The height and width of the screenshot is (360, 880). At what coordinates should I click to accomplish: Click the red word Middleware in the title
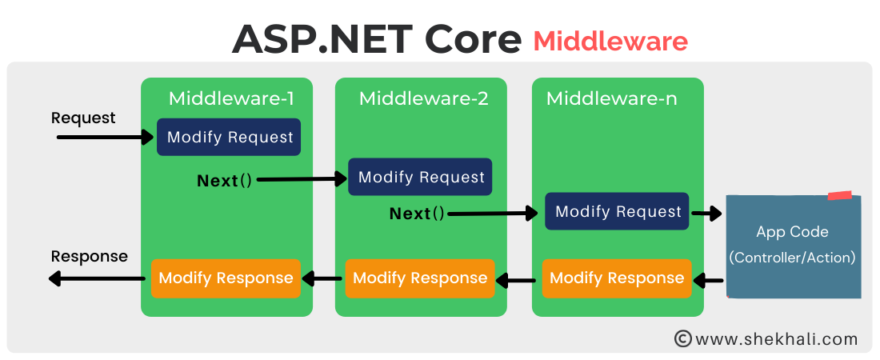(x=610, y=41)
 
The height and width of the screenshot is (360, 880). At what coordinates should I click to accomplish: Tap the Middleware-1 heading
(x=231, y=98)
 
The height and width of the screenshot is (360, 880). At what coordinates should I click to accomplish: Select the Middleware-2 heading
(x=423, y=98)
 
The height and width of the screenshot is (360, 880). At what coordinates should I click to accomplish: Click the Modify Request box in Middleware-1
(x=230, y=137)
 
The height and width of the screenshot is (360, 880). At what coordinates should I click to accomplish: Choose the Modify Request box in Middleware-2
(x=420, y=177)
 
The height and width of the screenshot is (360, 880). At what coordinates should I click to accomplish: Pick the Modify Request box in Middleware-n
(x=617, y=211)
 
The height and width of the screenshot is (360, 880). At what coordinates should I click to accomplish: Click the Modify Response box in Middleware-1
(x=226, y=278)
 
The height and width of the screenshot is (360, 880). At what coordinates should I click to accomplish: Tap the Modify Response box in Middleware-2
(x=419, y=278)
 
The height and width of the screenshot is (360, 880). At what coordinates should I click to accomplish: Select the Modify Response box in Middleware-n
(x=617, y=278)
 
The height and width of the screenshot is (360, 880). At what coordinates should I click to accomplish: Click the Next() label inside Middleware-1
(x=224, y=181)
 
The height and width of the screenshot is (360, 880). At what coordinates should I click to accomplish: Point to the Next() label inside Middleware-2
(x=416, y=214)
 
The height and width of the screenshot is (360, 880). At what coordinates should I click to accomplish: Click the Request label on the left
(x=83, y=118)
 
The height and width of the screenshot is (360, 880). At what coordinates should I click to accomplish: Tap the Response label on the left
(x=89, y=256)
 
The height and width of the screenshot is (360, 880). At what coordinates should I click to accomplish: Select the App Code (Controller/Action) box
(x=793, y=245)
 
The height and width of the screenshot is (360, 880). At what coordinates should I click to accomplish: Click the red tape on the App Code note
(x=839, y=195)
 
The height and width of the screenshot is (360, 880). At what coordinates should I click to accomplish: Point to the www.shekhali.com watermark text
(x=777, y=339)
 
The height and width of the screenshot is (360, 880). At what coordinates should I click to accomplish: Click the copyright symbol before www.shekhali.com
(x=682, y=339)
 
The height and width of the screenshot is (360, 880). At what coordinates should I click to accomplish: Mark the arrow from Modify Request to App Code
(x=706, y=214)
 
